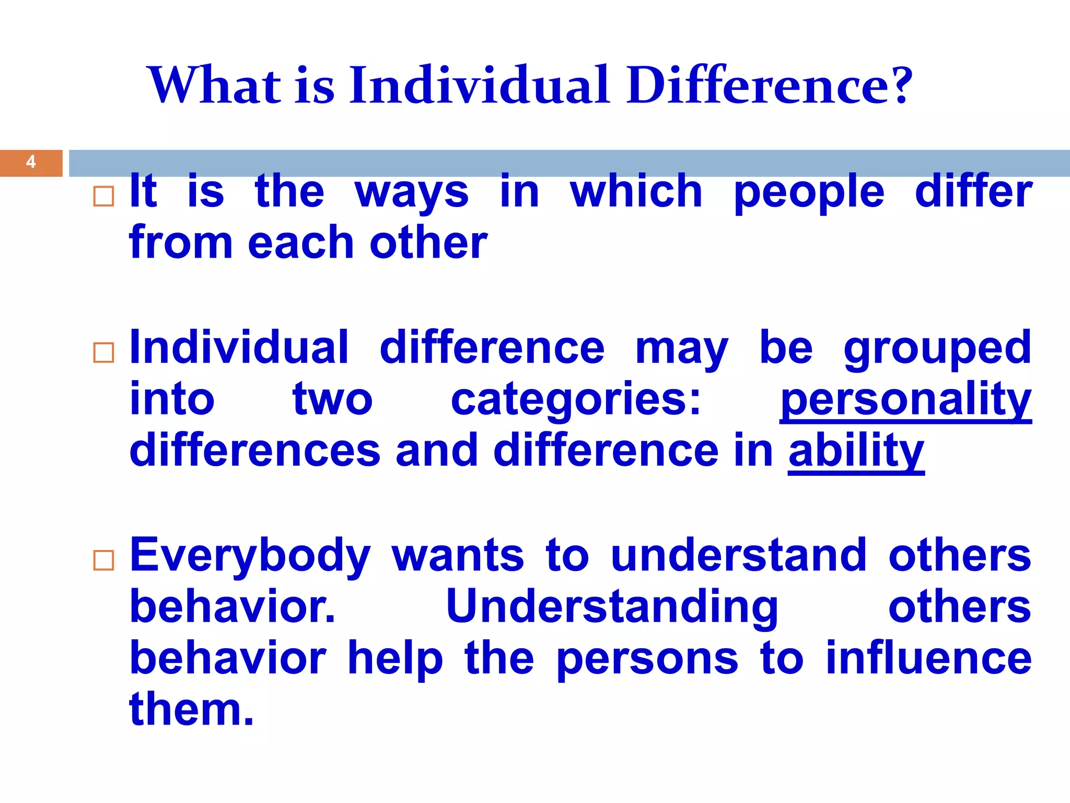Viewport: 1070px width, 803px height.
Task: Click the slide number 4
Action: [x=31, y=162]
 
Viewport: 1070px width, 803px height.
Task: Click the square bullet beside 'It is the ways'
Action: [x=103, y=197]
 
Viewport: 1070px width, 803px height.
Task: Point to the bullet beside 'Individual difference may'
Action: [x=103, y=353]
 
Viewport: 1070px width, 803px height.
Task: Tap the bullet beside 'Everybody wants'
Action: [x=103, y=560]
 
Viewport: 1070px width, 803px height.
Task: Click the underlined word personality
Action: [x=905, y=400]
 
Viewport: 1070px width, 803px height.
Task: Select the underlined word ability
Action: [x=856, y=451]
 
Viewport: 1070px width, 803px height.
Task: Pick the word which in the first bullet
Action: [x=636, y=191]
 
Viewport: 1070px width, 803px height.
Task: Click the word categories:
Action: [x=576, y=400]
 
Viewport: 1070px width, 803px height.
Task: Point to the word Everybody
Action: [x=250, y=556]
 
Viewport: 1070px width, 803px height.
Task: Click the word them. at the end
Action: [x=191, y=709]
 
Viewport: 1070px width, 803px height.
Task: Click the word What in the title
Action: [x=215, y=85]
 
